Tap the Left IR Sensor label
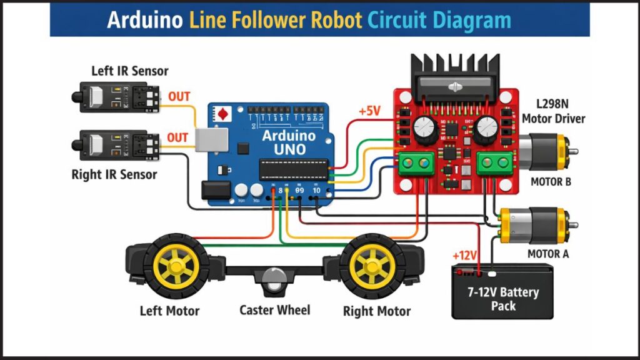[x=129, y=71]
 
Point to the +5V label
[x=369, y=111]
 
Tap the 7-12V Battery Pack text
[x=503, y=299]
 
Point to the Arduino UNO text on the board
[x=284, y=142]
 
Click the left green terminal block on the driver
[x=418, y=164]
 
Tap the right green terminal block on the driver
[x=494, y=164]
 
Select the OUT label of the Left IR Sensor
[x=178, y=97]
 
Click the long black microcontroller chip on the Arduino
[x=292, y=169]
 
